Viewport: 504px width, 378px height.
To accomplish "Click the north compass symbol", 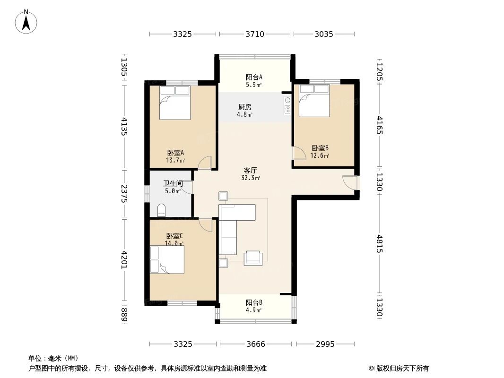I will tap(26, 22).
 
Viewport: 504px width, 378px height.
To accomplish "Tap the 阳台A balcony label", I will tap(254, 77).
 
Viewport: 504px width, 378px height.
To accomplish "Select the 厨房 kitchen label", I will tap(244, 107).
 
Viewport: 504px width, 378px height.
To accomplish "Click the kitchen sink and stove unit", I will tap(287, 105).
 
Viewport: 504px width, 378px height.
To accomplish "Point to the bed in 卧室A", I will tap(175, 103).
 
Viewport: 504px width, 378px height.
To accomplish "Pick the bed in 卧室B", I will tap(314, 101).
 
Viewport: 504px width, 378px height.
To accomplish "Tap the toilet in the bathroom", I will tap(161, 210).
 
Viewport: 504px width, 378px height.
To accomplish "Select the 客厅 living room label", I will tap(251, 170).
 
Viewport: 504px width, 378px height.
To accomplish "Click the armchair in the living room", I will tap(252, 258).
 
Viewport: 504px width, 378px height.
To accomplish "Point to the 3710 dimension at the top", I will tap(255, 34).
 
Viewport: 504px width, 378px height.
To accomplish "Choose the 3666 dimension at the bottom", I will tap(255, 344).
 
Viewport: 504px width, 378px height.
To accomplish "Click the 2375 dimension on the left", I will tap(124, 194).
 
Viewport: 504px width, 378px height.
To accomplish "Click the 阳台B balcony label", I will tap(254, 302).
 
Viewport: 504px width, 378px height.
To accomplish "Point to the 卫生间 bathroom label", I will tap(173, 183).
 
